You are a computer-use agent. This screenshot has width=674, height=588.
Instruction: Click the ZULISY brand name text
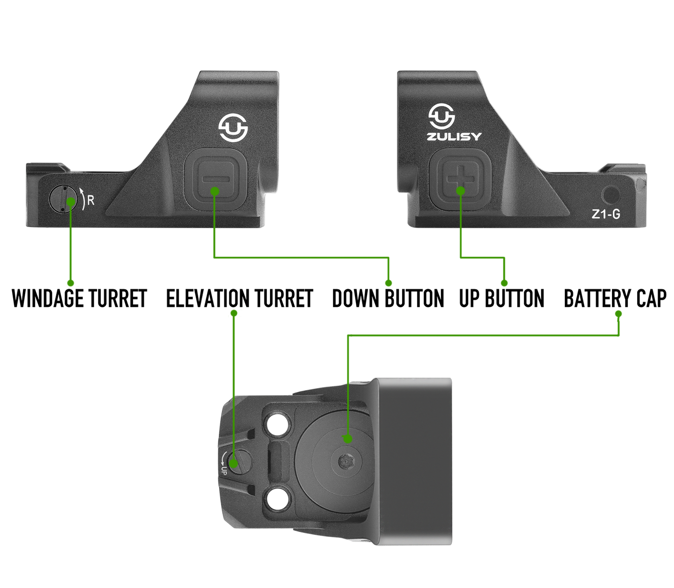(454, 137)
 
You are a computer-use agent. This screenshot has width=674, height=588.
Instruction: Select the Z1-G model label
(605, 214)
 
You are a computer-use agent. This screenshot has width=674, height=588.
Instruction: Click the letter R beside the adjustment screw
(91, 201)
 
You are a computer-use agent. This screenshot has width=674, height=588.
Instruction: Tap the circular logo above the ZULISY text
(441, 116)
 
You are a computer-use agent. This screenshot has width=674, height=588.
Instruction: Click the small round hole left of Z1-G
(611, 194)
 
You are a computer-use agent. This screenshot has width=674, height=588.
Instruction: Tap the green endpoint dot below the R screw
(70, 283)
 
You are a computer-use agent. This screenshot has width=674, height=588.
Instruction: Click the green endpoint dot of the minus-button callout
(388, 283)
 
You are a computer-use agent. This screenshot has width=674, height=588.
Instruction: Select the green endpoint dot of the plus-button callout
(504, 283)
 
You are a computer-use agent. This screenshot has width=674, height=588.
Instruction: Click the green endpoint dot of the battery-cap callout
(618, 312)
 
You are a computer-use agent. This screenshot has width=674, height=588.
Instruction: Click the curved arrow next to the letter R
(82, 199)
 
